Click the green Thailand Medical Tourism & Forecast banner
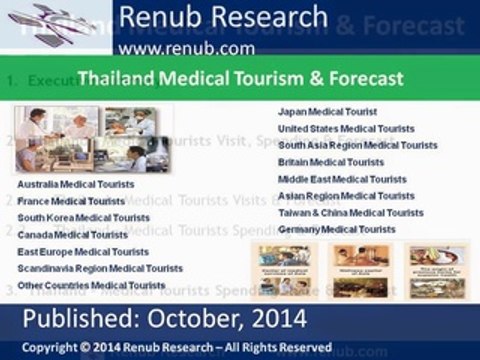[x=240, y=77]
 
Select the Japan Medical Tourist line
[x=327, y=111]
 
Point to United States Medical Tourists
[x=344, y=128]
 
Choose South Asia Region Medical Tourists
[x=357, y=145]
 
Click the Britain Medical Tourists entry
[x=331, y=162]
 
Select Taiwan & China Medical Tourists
[x=351, y=213]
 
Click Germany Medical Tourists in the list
[x=337, y=230]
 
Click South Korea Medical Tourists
[x=84, y=217]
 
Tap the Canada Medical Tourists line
[x=71, y=234]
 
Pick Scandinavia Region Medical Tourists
[x=100, y=268]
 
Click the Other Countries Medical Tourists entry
[x=91, y=285]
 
